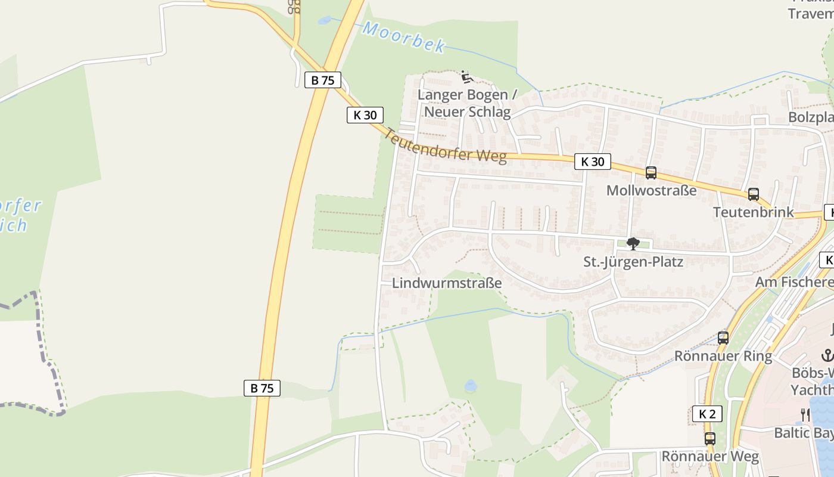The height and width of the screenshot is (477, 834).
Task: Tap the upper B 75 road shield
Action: coord(322,80)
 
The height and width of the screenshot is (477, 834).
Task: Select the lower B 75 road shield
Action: coord(262,388)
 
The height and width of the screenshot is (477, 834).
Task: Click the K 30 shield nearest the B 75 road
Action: coord(365,115)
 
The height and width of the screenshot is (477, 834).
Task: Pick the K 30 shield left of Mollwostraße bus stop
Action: coord(592,162)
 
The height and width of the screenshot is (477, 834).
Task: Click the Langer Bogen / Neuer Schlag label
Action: coord(466,103)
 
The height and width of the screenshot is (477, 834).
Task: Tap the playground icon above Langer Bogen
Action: coord(466,77)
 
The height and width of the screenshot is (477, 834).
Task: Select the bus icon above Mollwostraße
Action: coord(651,173)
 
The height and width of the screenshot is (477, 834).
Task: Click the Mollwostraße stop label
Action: coord(651,191)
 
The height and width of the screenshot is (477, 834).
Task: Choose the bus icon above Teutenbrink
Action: coord(753,194)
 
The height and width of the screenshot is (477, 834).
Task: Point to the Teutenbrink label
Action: coord(753,212)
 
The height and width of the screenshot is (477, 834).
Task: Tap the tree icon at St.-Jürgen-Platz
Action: coord(633,244)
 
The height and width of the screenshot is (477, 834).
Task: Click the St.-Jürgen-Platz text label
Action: coord(633,262)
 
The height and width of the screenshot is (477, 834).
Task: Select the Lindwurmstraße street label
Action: coord(447,283)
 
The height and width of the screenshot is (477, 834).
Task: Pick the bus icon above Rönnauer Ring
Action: coord(723,338)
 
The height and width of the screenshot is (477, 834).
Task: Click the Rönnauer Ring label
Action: coord(723,357)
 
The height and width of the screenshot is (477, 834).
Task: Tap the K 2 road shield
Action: coord(707,414)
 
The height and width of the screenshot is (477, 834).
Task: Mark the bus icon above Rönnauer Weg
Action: coord(709,439)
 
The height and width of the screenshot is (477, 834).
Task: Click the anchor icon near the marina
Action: coord(827,356)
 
